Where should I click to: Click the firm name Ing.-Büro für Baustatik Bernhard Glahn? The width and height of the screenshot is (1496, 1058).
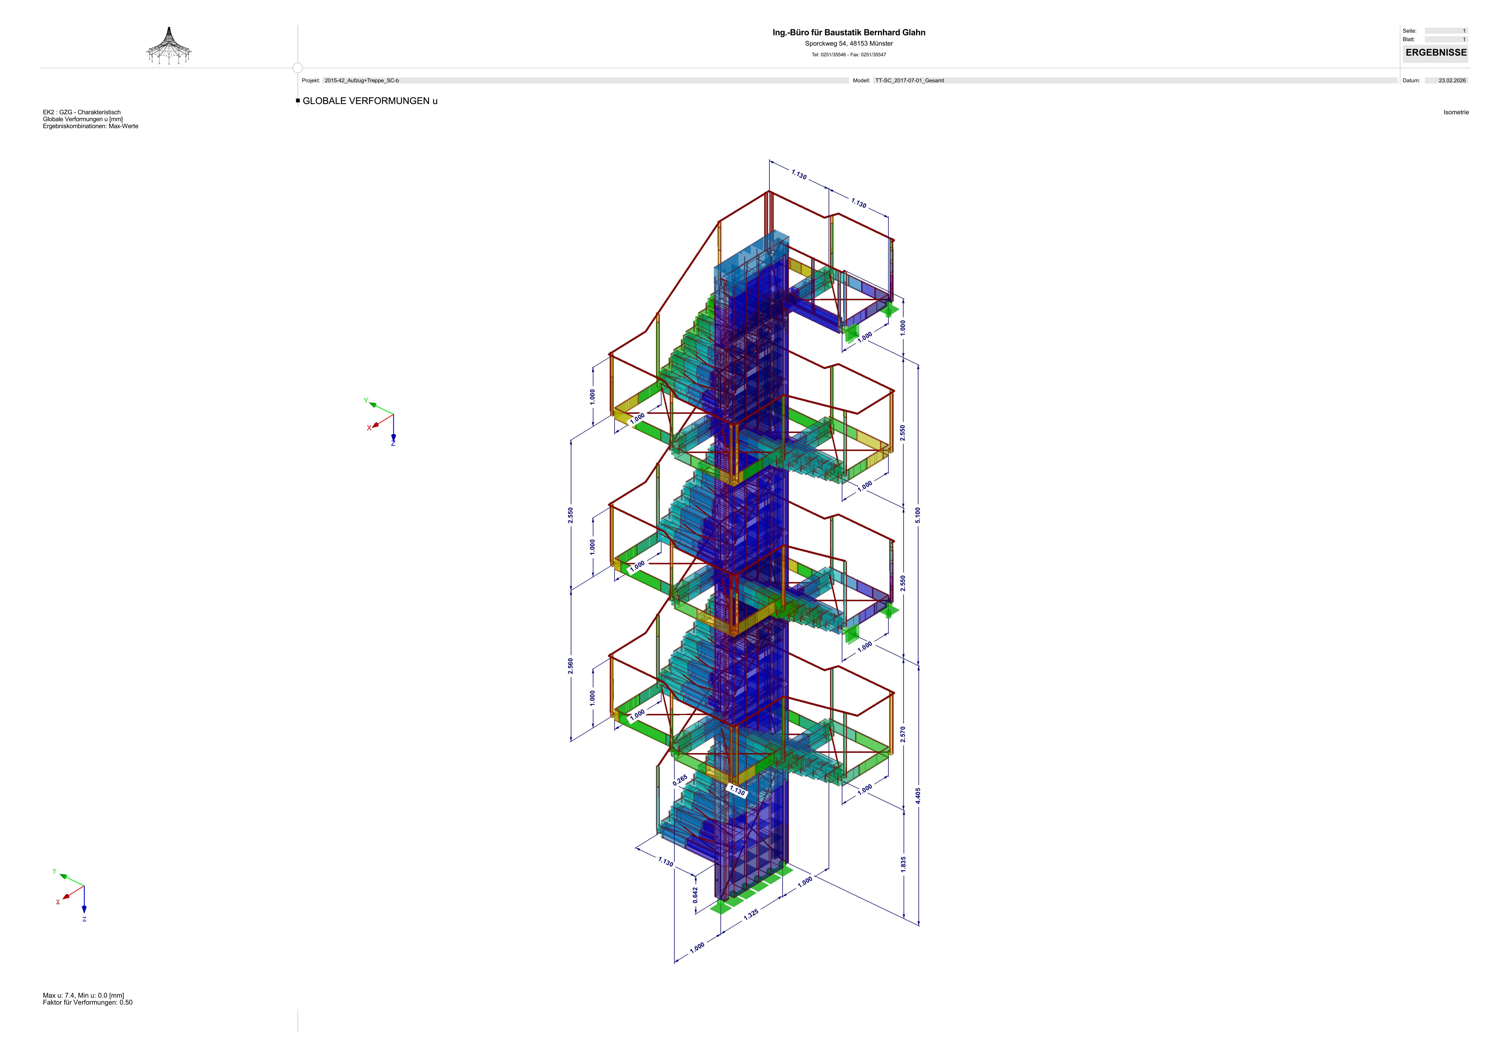pyautogui.click(x=848, y=33)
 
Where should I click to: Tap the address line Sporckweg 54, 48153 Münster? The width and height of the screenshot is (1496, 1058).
pyautogui.click(x=848, y=44)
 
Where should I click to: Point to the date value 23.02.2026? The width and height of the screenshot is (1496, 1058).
pyautogui.click(x=1452, y=81)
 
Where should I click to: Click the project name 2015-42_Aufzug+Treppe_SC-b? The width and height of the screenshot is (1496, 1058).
pyautogui.click(x=362, y=81)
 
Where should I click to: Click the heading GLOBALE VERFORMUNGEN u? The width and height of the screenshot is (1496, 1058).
pyautogui.click(x=370, y=101)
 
